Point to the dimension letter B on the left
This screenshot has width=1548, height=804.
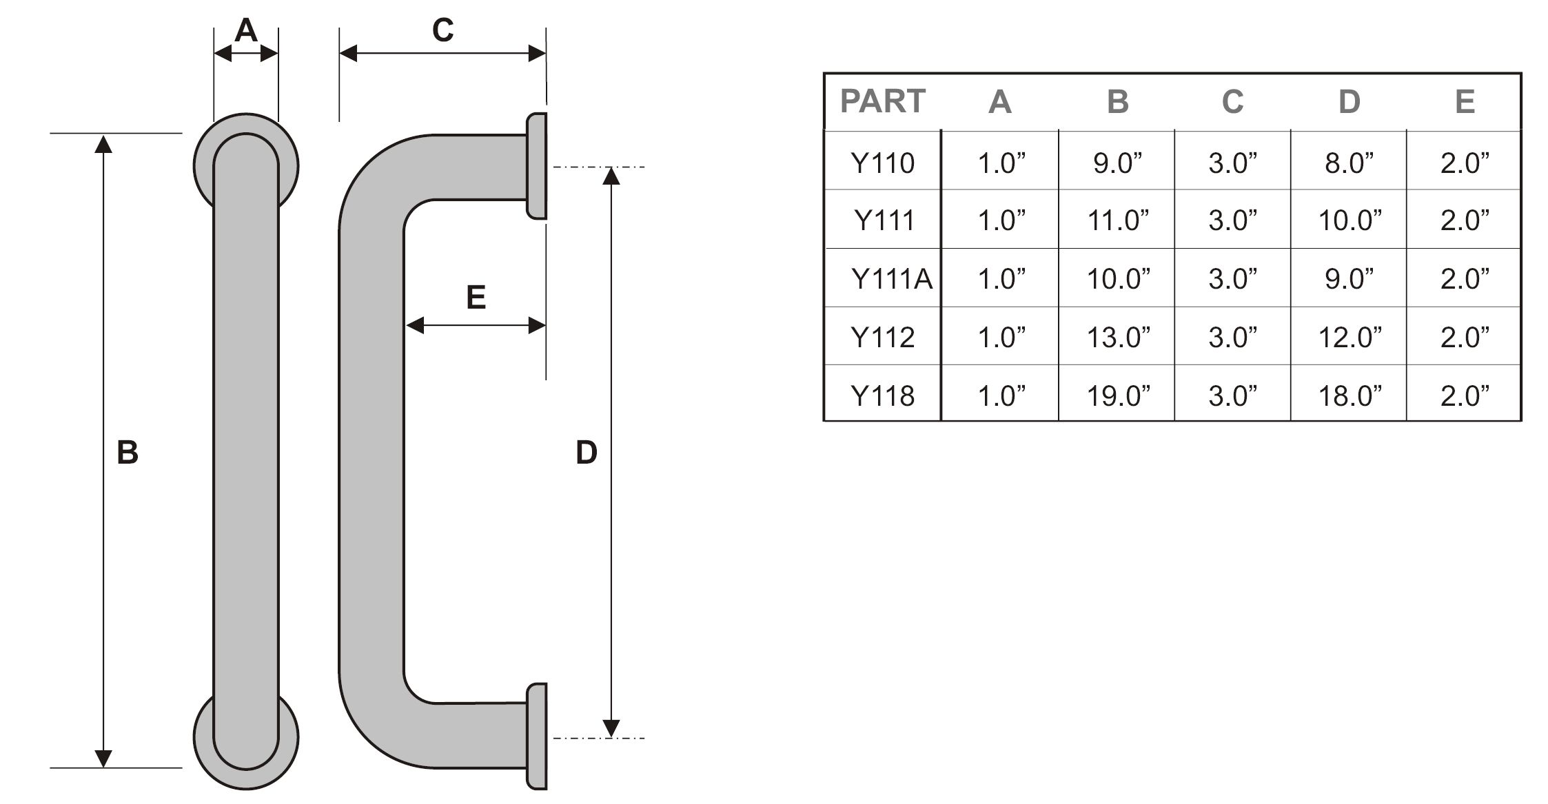coord(128,453)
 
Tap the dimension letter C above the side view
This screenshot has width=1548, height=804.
coord(442,30)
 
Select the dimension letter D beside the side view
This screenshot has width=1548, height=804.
coord(586,453)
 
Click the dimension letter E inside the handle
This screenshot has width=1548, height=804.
coord(476,297)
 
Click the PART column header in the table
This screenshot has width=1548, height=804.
coord(882,101)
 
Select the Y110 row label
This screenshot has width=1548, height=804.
coord(882,163)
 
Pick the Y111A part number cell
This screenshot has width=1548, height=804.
coord(892,279)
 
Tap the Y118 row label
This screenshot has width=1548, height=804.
coord(882,396)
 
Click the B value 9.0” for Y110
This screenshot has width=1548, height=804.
coord(1117,163)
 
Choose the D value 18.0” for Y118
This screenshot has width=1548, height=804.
coord(1350,396)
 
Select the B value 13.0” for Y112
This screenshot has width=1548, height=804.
coord(1118,338)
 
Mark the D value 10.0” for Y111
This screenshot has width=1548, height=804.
coord(1350,220)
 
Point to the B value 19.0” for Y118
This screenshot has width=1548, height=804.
coord(1118,396)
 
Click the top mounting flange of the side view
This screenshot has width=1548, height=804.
coord(537,166)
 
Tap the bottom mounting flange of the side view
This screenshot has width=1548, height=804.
coord(537,736)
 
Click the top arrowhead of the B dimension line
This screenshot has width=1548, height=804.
coord(103,144)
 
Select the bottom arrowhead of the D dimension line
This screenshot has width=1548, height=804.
coord(611,728)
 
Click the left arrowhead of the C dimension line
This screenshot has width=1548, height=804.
coord(348,53)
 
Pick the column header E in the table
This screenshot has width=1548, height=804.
coord(1465,102)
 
